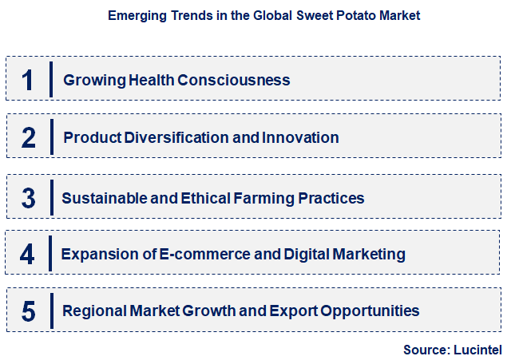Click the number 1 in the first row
click(x=28, y=80)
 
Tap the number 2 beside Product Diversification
click(x=28, y=137)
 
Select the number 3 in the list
click(x=28, y=197)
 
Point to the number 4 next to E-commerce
click(x=28, y=254)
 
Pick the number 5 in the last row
click(x=28, y=311)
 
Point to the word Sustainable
click(x=102, y=197)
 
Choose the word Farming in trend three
click(x=268, y=197)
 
